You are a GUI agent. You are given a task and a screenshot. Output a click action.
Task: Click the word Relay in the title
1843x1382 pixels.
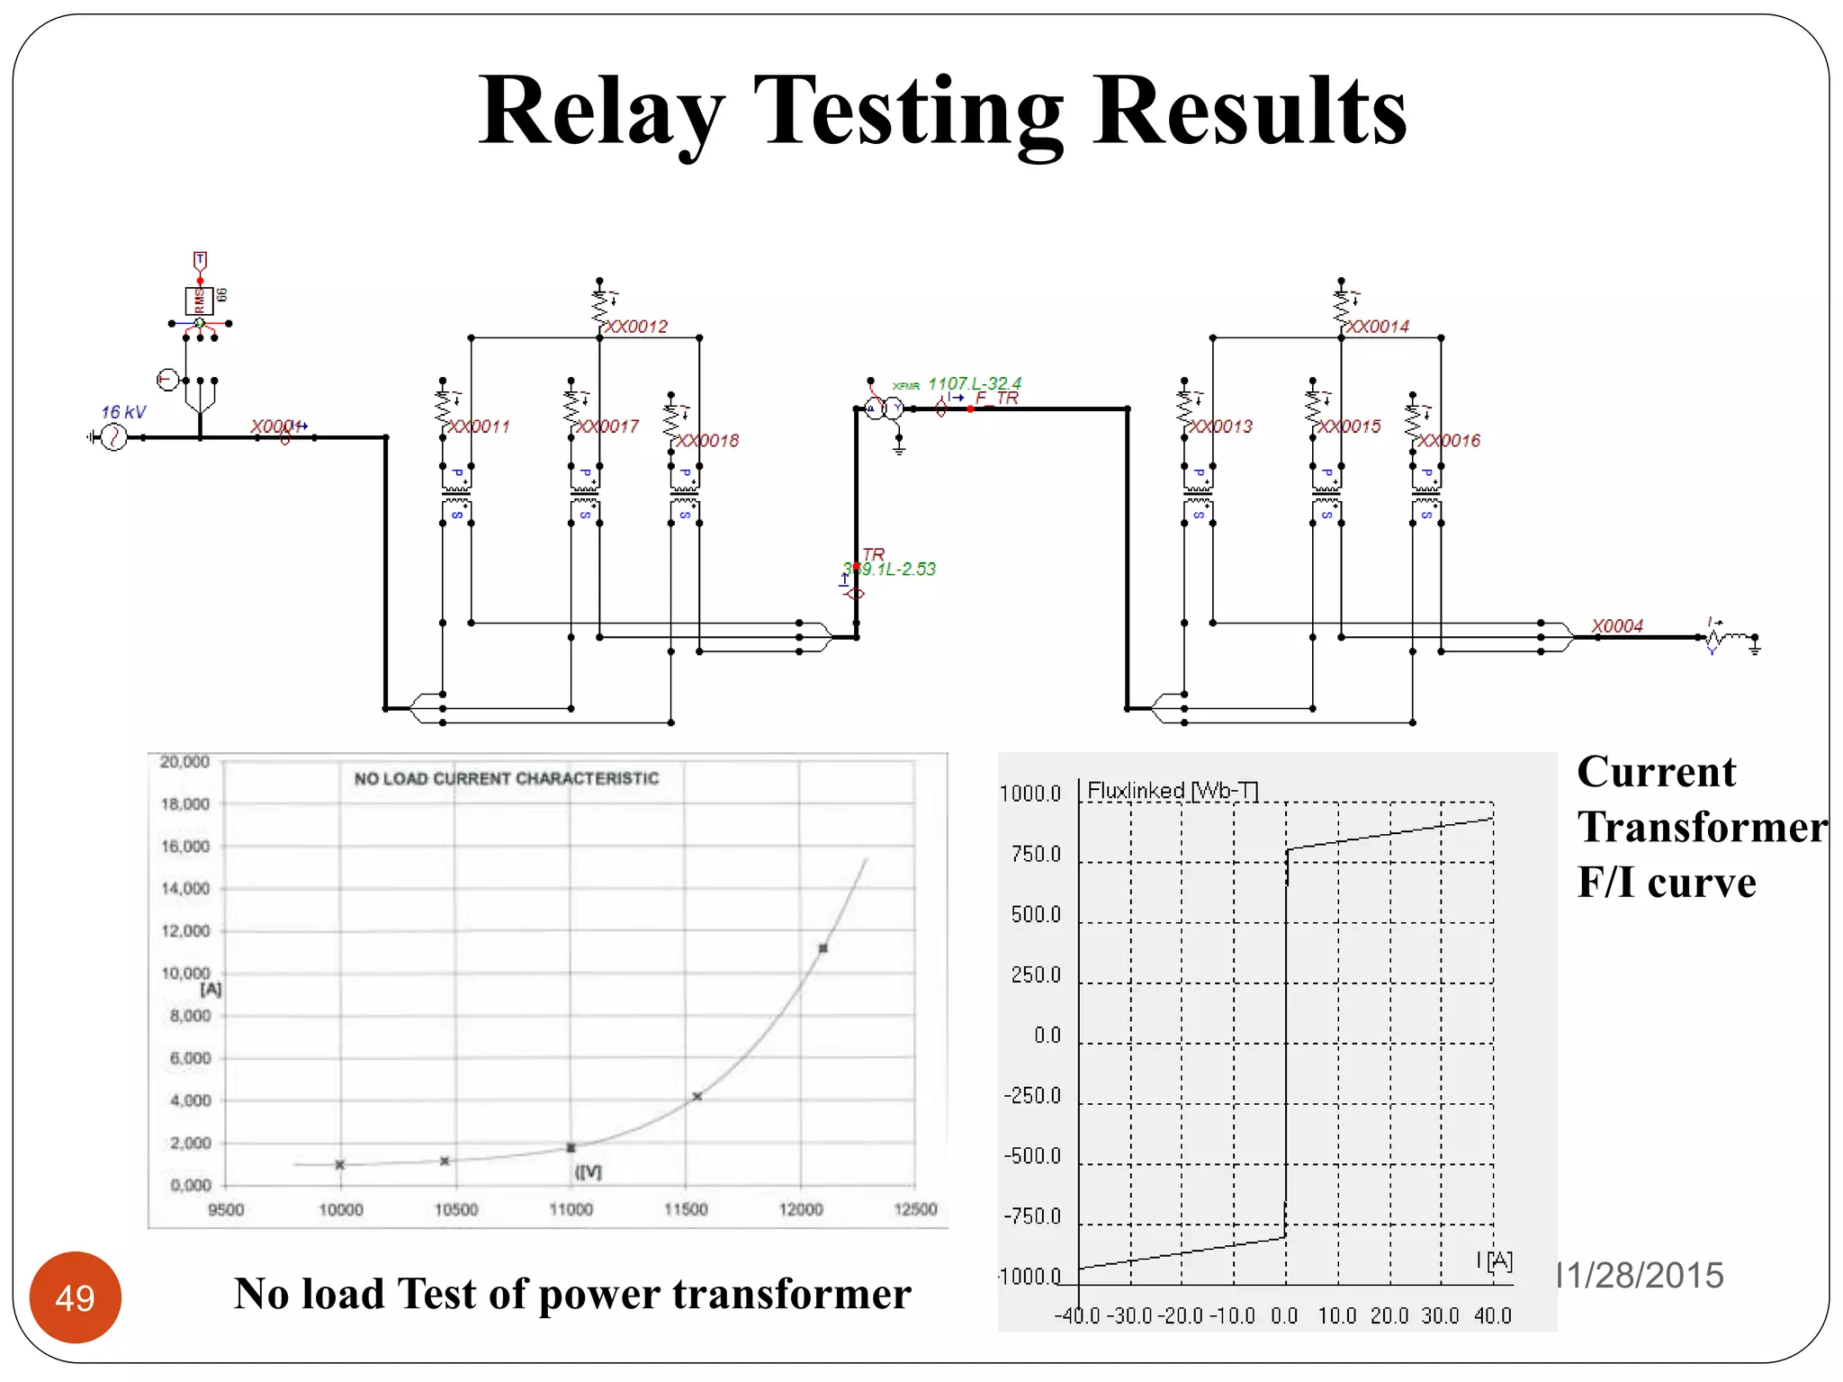click(600, 112)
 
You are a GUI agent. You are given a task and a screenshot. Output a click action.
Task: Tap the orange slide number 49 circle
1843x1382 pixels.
click(75, 1297)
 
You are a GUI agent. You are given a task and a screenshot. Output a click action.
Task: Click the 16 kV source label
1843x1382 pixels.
click(123, 412)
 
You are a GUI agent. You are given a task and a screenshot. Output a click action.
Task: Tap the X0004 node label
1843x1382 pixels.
click(1616, 625)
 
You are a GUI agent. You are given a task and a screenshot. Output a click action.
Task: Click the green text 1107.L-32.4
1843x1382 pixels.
click(975, 383)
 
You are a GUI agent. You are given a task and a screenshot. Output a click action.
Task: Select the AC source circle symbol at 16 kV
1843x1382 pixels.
click(113, 437)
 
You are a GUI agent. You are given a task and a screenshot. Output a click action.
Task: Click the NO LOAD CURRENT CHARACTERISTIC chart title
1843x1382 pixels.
click(506, 778)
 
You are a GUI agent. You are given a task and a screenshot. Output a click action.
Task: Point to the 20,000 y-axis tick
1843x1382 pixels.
click(184, 762)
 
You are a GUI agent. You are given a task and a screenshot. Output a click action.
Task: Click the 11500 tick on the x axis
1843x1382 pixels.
click(686, 1209)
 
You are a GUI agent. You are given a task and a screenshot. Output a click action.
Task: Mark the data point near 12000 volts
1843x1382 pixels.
click(823, 947)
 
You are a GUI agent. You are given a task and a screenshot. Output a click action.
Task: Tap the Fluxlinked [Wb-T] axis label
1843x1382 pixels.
click(1172, 790)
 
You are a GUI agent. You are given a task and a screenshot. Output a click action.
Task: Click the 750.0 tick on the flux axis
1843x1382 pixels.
click(1036, 854)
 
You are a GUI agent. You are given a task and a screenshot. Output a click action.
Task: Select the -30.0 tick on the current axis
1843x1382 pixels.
click(1129, 1315)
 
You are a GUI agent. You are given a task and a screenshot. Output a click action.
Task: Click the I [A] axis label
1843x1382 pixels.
click(1495, 1260)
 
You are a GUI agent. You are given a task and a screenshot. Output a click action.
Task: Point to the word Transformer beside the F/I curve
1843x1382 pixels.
click(1702, 827)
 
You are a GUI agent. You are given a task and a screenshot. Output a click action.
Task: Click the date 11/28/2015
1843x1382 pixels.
click(1640, 1275)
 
